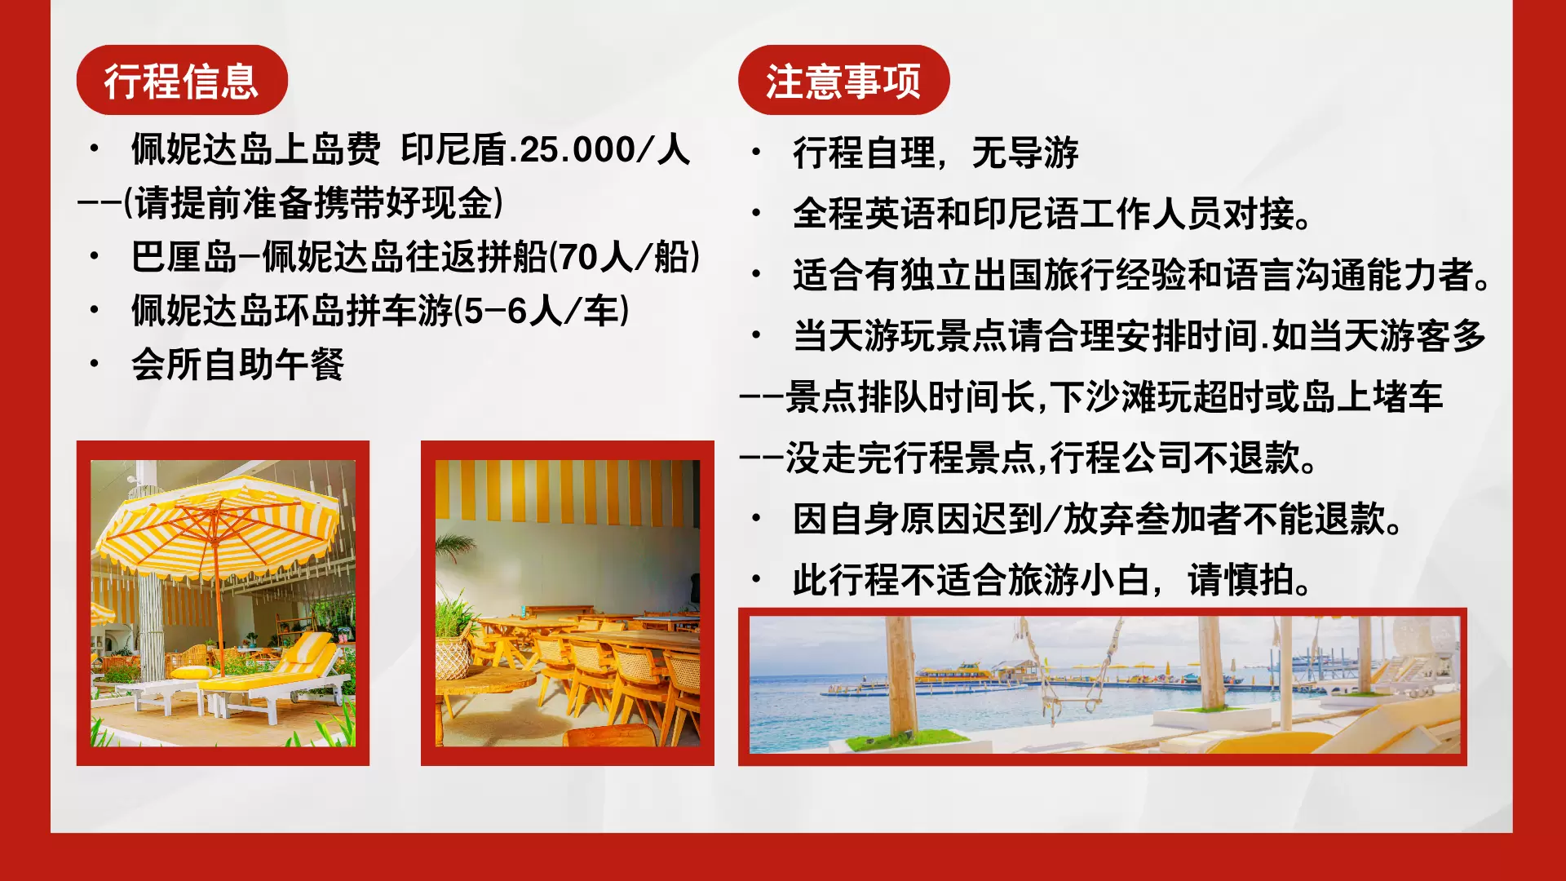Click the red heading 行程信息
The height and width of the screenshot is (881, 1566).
(181, 81)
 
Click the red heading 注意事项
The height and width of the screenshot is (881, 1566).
(843, 81)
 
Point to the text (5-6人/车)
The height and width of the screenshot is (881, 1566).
(542, 311)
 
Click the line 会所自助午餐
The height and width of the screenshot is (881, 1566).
(237, 365)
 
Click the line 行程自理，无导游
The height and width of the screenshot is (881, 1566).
(936, 153)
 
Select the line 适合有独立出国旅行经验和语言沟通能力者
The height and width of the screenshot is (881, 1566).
(1142, 275)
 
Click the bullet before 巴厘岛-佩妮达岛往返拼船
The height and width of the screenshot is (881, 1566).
(95, 257)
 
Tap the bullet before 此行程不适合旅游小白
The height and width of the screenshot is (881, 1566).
(756, 580)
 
